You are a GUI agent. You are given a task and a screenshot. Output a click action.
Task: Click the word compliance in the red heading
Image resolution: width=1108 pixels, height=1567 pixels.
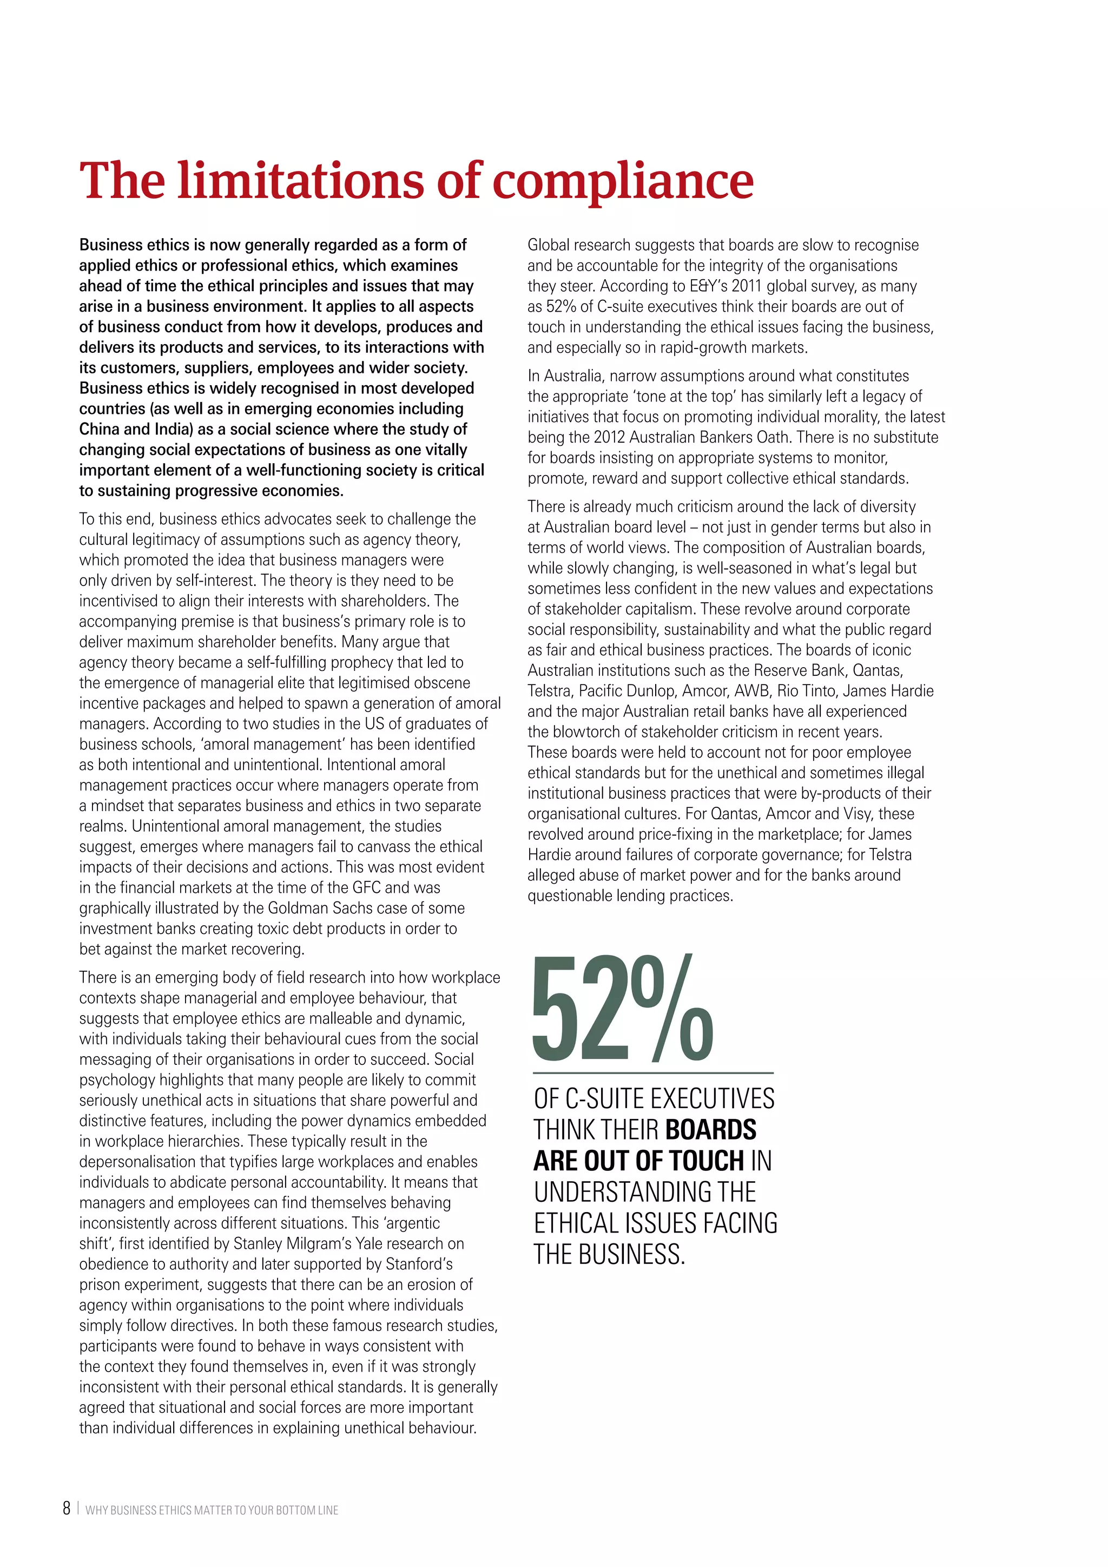point(622,182)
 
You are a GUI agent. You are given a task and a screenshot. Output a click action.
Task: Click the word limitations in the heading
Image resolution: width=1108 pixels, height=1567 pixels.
point(301,182)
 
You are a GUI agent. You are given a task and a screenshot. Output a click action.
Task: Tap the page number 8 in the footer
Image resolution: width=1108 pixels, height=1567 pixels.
point(66,1509)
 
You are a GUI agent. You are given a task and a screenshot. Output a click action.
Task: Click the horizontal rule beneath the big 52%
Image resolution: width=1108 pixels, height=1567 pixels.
point(653,1073)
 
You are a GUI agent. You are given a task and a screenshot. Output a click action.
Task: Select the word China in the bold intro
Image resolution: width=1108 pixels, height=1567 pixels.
point(100,429)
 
